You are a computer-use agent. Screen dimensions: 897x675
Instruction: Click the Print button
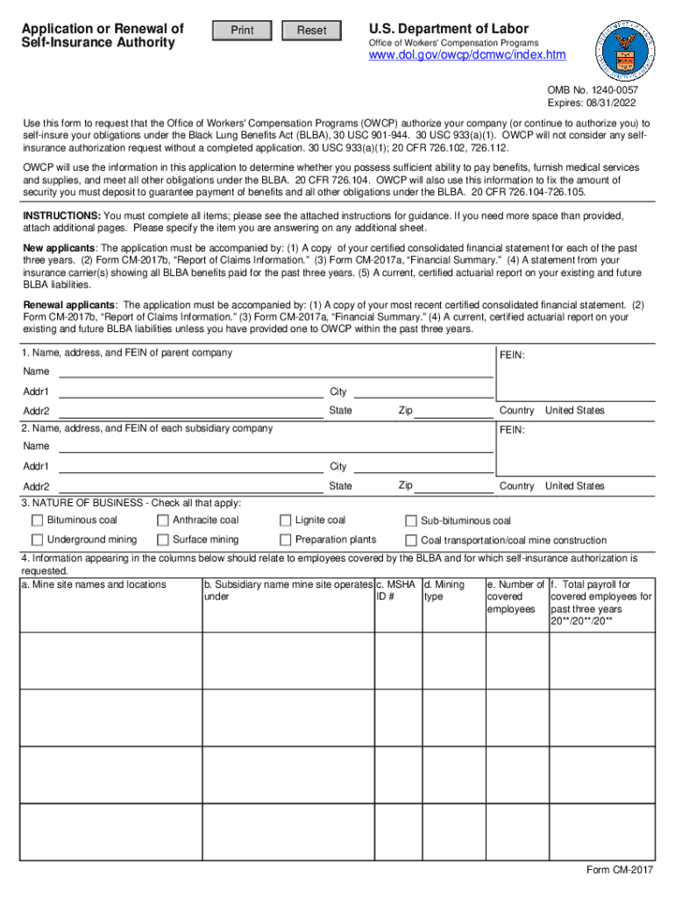click(x=242, y=31)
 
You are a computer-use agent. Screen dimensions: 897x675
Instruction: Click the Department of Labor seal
click(x=626, y=49)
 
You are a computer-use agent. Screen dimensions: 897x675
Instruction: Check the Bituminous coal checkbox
click(x=38, y=520)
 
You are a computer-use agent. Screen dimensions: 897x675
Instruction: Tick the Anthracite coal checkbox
click(x=163, y=520)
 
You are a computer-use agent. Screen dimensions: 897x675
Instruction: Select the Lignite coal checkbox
click(x=285, y=520)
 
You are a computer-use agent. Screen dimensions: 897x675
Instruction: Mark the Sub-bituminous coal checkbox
click(x=411, y=521)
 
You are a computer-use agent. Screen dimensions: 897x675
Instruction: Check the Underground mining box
click(x=38, y=540)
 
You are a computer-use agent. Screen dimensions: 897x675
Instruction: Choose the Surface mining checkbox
click(x=163, y=540)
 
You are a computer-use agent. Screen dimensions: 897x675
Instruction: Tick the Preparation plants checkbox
click(x=285, y=540)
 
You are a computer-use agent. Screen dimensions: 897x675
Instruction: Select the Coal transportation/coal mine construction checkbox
click(x=411, y=540)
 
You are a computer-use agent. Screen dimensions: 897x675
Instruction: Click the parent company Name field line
click(x=275, y=371)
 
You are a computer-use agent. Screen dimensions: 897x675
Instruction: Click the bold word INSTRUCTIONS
click(x=60, y=215)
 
